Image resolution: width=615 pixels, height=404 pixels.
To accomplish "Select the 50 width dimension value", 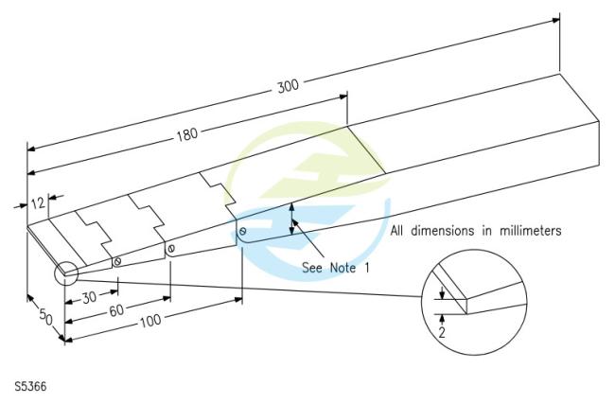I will point(44,315).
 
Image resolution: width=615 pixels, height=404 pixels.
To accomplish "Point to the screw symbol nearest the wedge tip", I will point(117,261).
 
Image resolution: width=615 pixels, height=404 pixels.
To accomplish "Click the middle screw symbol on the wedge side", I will point(172,249).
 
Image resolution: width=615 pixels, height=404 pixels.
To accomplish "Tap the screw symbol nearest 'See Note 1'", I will point(243,232).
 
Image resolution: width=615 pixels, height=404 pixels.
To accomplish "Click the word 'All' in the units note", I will point(398,230).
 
